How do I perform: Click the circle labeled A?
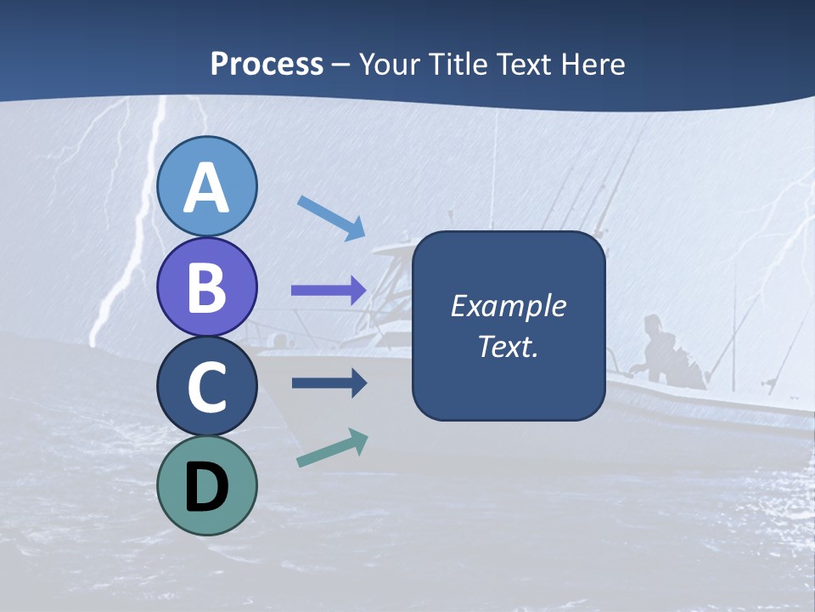206,186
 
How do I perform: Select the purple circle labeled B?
206,286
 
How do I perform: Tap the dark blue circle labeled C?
206,386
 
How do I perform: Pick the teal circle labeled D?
206,486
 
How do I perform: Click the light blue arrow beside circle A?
331,217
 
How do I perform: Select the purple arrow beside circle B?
329,290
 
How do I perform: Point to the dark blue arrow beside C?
329,383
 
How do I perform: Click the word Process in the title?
267,65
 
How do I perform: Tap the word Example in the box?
508,306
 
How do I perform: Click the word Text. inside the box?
508,346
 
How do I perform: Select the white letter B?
206,287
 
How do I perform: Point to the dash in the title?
340,65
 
